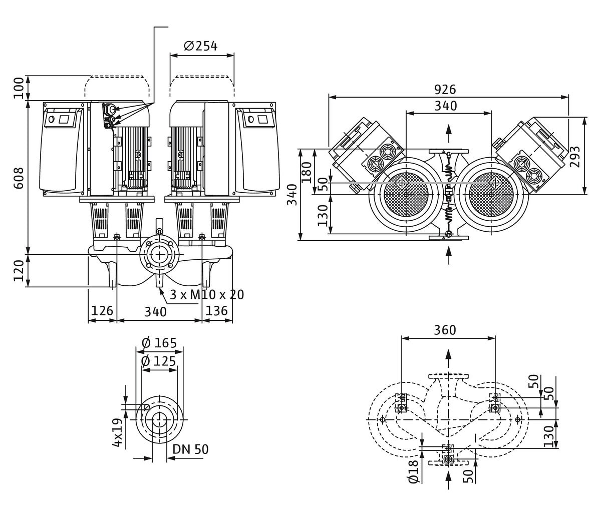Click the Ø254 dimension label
[x=201, y=47]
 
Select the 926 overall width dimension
[x=445, y=90]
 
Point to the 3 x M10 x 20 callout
[x=207, y=295]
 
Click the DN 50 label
[x=190, y=449]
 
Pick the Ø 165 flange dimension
[x=159, y=343]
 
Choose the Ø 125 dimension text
[x=159, y=361]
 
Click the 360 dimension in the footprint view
[x=445, y=330]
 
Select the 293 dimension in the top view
[x=574, y=157]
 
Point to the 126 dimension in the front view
[x=102, y=311]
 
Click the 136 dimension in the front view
[x=217, y=311]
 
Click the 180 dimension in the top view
[x=306, y=170]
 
